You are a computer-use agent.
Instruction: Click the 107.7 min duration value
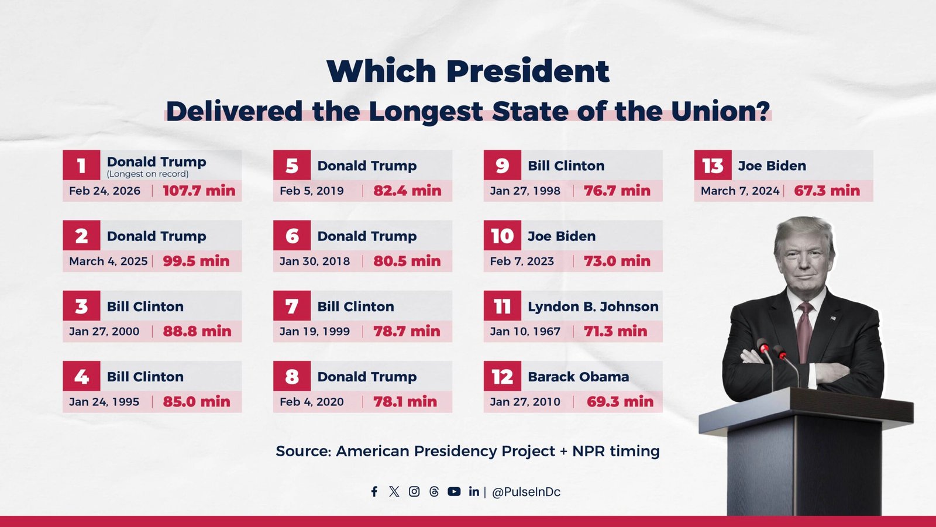point(199,191)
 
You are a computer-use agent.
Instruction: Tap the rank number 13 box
point(713,166)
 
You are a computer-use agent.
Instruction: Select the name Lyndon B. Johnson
point(593,306)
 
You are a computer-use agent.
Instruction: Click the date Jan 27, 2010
point(525,402)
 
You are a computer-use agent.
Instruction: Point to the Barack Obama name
point(578,377)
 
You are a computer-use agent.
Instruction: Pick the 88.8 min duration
point(197,331)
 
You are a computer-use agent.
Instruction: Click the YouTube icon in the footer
point(454,491)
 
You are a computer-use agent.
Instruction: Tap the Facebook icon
point(374,491)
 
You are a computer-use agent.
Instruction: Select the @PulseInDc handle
point(526,492)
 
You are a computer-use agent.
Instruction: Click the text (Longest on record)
point(147,174)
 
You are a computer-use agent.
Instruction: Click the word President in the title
point(528,71)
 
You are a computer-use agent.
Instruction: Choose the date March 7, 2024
point(739,191)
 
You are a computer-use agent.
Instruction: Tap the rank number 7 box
point(291,306)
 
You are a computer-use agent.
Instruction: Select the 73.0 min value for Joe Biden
point(617,261)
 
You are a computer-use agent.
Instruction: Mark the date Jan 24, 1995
point(104,402)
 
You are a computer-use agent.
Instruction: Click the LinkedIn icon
point(474,491)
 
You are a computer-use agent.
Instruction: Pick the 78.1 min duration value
point(405,402)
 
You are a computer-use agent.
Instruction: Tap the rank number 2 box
point(81,236)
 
